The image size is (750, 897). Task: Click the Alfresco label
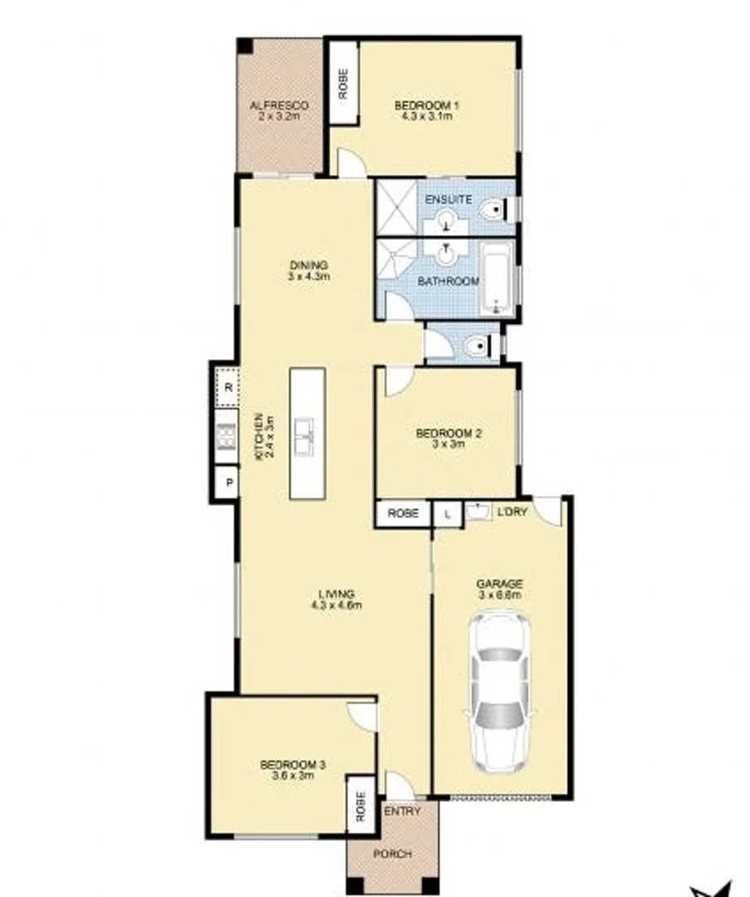point(279,105)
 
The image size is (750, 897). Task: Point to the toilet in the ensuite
point(497,211)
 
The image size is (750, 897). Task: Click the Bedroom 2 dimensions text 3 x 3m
point(449,444)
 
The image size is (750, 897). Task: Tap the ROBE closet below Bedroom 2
point(404,514)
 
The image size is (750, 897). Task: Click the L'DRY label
point(512,512)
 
